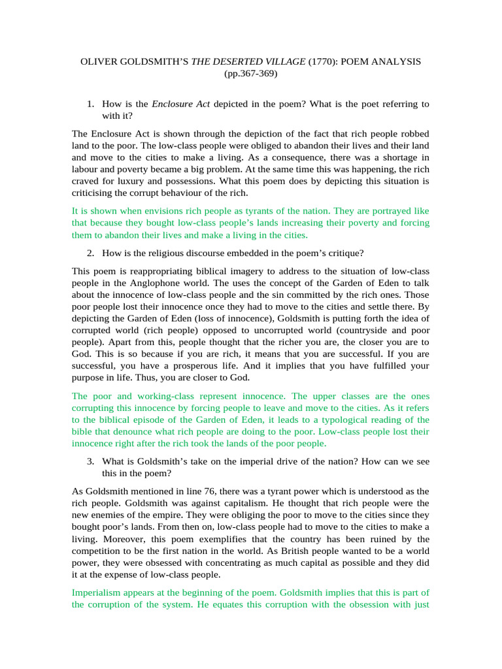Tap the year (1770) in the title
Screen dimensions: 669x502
(x=321, y=61)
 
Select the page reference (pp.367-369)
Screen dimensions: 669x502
(x=250, y=74)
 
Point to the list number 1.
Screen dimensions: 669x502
(x=91, y=104)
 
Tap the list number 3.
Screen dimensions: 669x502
(x=91, y=461)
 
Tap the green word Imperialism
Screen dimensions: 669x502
(x=97, y=593)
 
